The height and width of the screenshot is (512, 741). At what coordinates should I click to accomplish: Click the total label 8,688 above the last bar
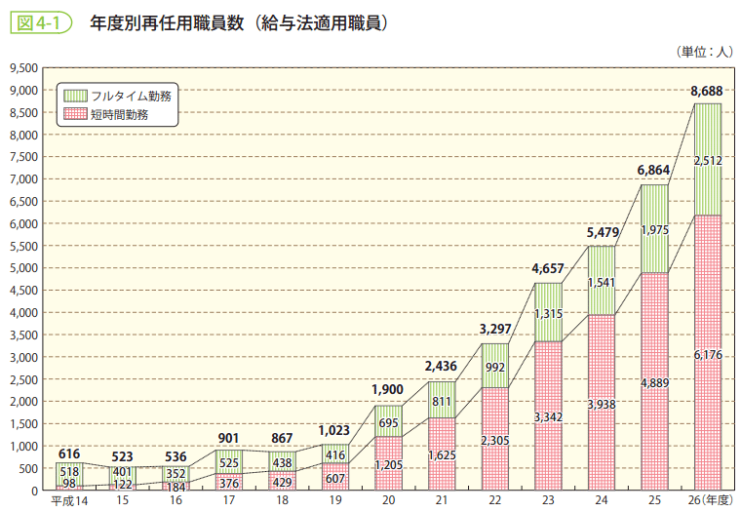[707, 92]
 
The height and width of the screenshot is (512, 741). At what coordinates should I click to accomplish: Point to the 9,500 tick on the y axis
[21, 68]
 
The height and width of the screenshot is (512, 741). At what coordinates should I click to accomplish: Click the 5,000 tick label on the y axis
[21, 268]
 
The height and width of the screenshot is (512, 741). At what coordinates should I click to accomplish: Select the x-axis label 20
[389, 501]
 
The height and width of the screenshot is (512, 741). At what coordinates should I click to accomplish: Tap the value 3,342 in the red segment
[549, 416]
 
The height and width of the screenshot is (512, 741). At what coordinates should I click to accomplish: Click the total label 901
[229, 437]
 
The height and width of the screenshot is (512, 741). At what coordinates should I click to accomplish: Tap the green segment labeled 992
[495, 367]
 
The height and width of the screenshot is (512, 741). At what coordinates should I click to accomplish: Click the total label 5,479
[602, 233]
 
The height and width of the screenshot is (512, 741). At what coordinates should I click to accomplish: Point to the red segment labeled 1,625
[442, 454]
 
